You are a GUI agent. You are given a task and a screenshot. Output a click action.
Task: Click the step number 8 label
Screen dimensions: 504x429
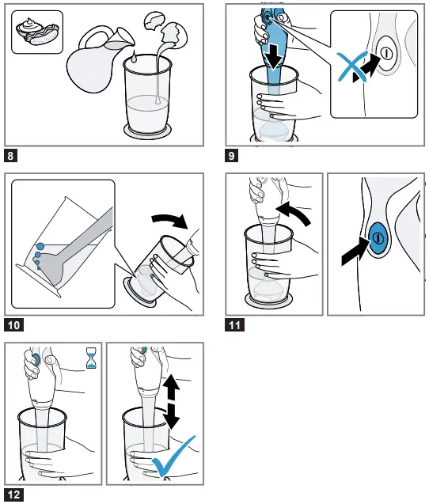(x=12, y=155)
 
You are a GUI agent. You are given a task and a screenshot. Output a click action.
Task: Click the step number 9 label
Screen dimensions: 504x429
(x=232, y=155)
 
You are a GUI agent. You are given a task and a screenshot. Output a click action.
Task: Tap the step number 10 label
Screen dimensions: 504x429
(x=13, y=324)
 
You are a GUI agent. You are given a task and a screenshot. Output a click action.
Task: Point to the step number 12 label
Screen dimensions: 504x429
(x=13, y=495)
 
